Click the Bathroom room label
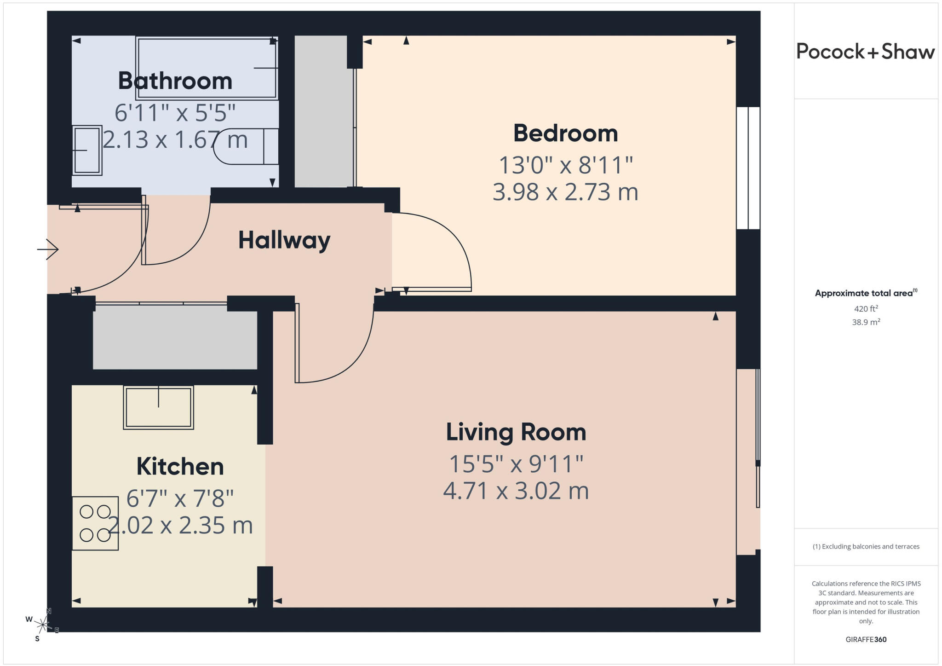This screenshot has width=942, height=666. [x=175, y=81]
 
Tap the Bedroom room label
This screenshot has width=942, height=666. [x=565, y=133]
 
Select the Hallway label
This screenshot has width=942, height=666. [x=284, y=240]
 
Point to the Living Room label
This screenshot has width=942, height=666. [x=516, y=432]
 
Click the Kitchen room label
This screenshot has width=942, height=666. [x=180, y=467]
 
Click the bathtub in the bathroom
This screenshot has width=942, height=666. [x=207, y=68]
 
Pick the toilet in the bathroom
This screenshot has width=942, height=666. [x=247, y=146]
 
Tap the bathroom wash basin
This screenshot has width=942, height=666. [x=87, y=151]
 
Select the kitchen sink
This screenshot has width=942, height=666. [x=158, y=407]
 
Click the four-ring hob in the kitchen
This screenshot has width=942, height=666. [x=95, y=523]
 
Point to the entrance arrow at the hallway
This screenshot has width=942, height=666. [x=48, y=249]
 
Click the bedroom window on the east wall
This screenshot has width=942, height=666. [x=748, y=168]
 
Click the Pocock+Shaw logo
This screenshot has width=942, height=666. [x=866, y=52]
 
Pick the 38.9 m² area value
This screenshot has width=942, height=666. [x=866, y=322]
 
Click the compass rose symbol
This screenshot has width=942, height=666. [x=43, y=625]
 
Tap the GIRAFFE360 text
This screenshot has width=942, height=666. [x=866, y=639]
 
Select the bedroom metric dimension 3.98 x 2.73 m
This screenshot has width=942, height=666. [x=565, y=192]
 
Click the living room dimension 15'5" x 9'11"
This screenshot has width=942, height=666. [x=516, y=464]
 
